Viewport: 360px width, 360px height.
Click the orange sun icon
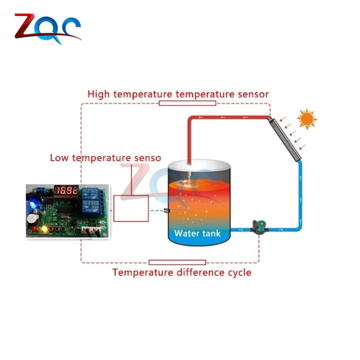tap(307, 119)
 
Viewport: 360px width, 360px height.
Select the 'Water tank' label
tap(197, 233)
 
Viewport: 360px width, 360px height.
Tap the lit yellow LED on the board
tap(45, 229)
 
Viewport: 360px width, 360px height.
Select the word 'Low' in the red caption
tap(60, 158)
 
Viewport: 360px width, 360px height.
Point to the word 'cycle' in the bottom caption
tap(239, 272)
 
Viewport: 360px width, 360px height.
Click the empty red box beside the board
tap(131, 208)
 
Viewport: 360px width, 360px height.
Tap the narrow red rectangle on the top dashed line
tap(187, 103)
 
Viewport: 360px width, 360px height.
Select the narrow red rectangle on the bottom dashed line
tap(177, 262)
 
